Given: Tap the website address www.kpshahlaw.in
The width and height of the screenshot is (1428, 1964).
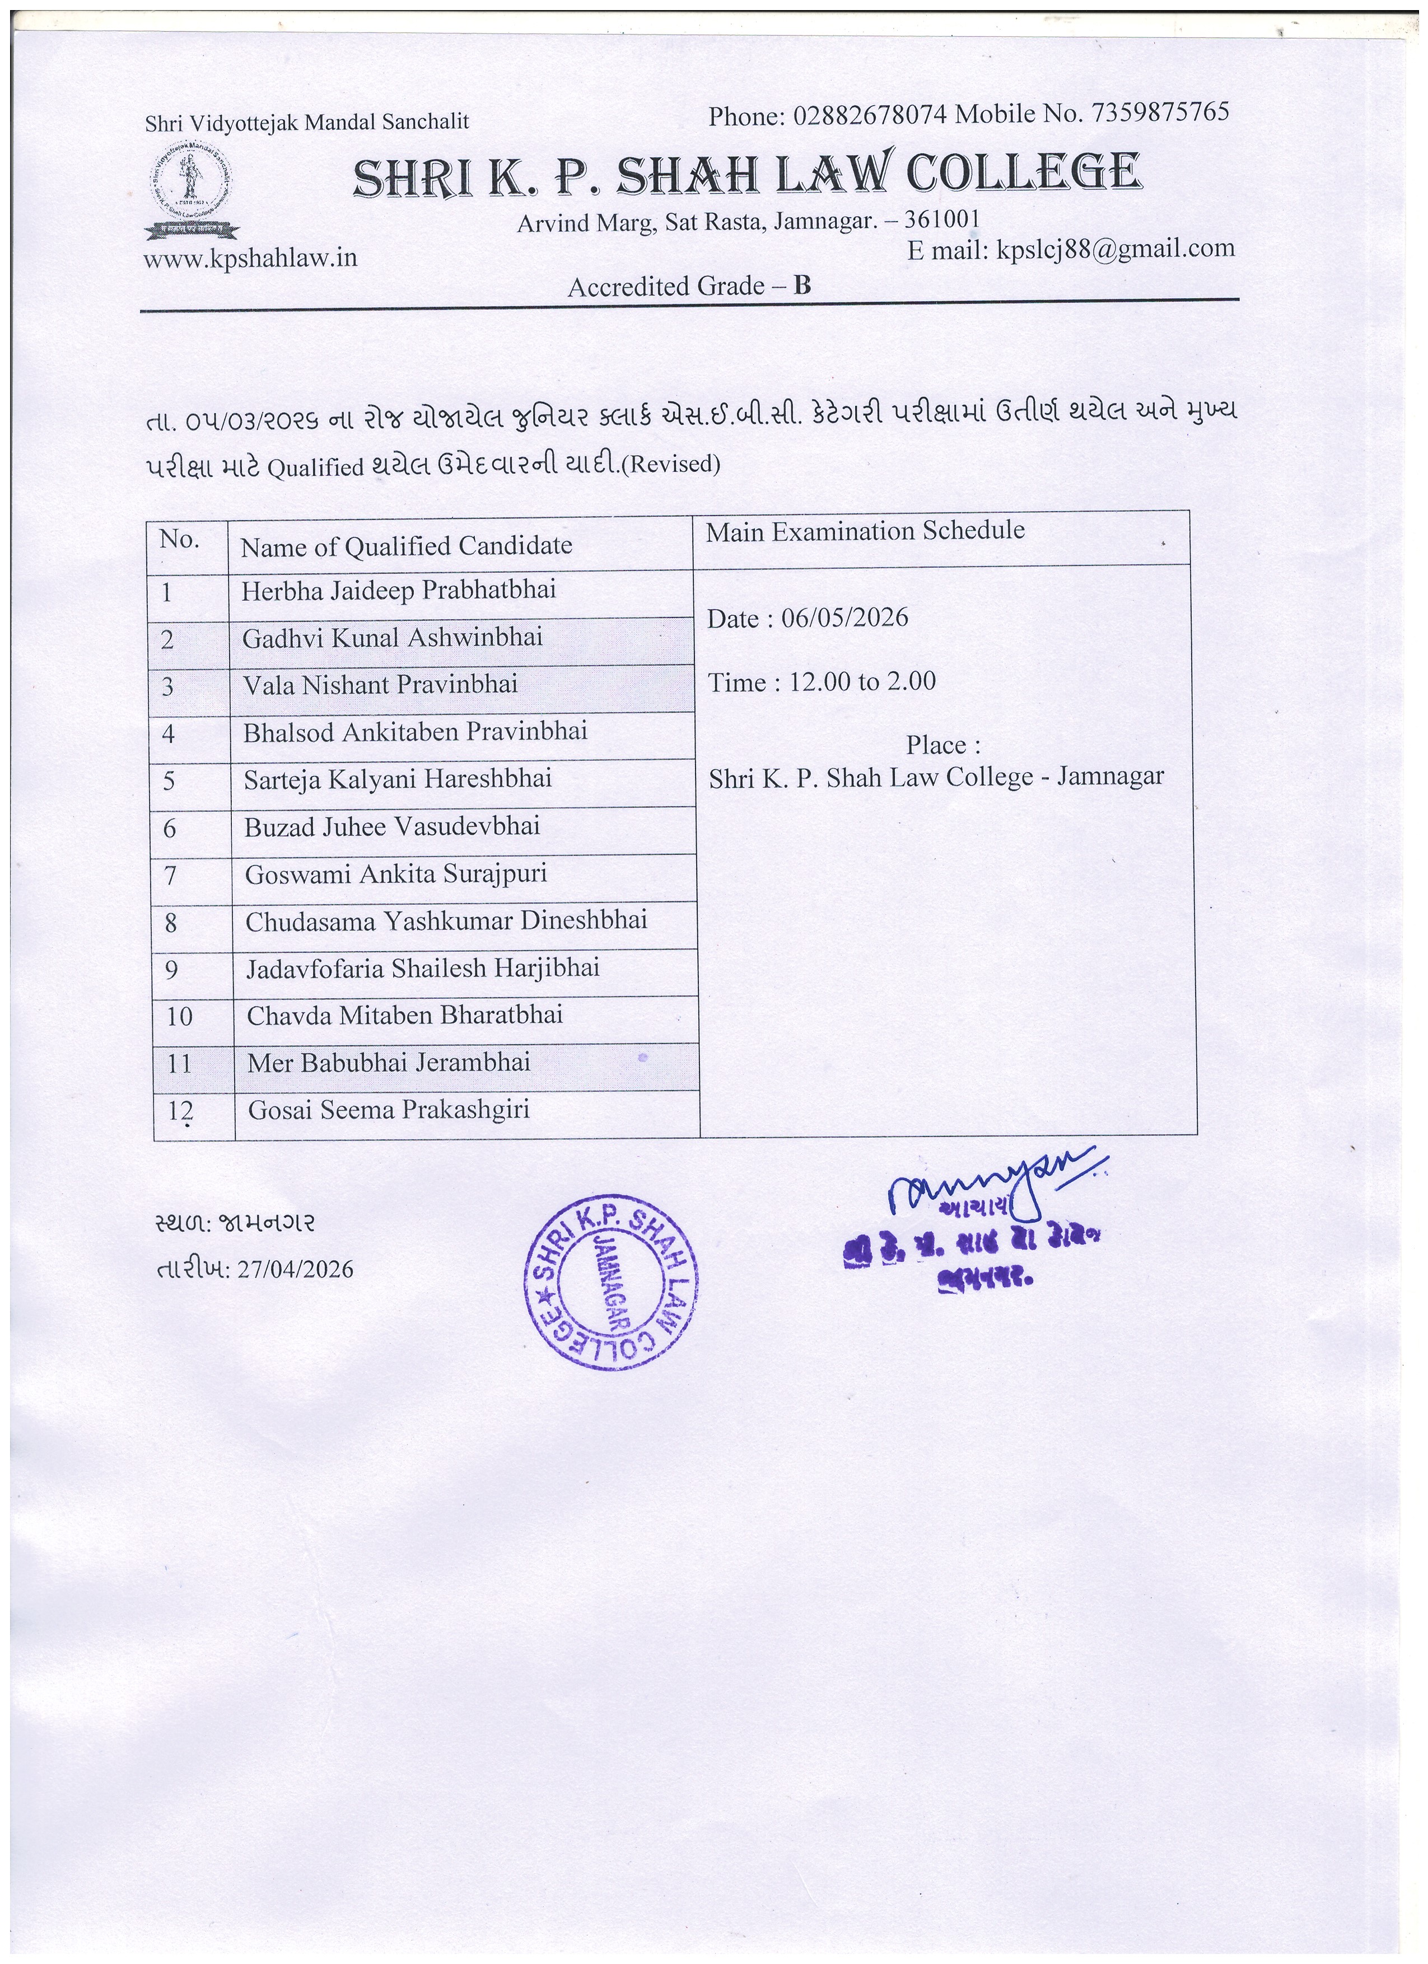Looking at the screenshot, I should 250,259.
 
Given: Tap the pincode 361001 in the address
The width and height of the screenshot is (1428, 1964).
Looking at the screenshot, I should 941,218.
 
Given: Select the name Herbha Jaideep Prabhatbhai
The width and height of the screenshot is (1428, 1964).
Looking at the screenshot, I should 398,591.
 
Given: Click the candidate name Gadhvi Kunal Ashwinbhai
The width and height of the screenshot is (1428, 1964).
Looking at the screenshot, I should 393,638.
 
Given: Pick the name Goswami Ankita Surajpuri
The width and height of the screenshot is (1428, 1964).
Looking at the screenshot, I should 396,875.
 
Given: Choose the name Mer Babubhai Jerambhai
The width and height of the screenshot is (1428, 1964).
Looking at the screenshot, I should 389,1063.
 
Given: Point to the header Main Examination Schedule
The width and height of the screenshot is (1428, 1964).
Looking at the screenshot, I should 865,531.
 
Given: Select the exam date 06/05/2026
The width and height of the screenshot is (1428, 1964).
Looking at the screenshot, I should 844,618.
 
